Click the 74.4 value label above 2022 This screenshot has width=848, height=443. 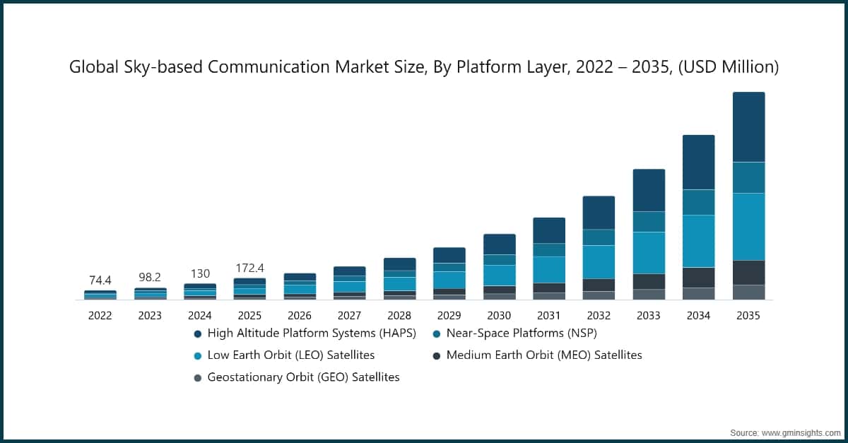coord(100,280)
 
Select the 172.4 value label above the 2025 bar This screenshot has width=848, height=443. coord(250,268)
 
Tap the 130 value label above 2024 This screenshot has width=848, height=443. coord(200,273)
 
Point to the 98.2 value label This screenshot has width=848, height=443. coord(150,277)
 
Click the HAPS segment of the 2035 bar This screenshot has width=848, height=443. coord(749,127)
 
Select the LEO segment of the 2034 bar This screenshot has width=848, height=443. coord(699,241)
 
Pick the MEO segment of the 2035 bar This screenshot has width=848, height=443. coord(749,273)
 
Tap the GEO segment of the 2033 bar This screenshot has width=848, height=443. coord(649,294)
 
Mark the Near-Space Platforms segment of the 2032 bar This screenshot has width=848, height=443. coord(599,237)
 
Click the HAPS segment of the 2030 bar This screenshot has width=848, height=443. coord(500,244)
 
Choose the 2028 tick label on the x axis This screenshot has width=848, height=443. coord(399,315)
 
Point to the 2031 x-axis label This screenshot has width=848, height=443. coord(549,315)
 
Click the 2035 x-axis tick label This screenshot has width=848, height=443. coord(748,315)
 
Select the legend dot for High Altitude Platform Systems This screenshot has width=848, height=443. coord(198,334)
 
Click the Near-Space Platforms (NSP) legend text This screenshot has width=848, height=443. coord(522,333)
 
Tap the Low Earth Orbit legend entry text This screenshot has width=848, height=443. coord(290,355)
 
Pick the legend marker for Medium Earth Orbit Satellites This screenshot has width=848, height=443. coord(437,356)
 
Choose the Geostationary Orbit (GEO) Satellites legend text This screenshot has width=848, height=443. coord(304,377)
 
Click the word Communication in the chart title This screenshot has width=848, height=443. coord(269,67)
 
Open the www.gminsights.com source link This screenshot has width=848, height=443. coord(801,433)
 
